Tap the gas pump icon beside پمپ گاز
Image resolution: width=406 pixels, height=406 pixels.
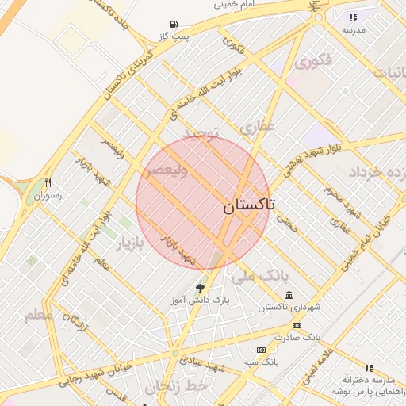[174, 25]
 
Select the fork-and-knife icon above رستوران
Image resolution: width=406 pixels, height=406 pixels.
[48, 182]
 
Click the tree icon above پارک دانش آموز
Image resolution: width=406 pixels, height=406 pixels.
[199, 289]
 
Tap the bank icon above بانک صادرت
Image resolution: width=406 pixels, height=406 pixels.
[297, 325]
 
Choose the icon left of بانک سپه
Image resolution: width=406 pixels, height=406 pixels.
[261, 350]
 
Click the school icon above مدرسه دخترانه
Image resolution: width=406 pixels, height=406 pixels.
[368, 368]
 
